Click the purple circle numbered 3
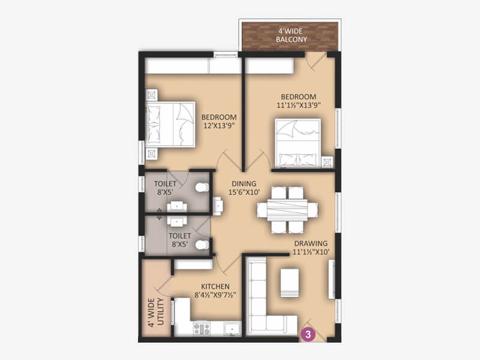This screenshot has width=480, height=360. (308, 334)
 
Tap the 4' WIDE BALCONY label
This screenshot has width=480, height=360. (291, 35)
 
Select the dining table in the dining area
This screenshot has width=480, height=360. (287, 210)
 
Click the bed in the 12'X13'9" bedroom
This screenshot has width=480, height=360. (170, 124)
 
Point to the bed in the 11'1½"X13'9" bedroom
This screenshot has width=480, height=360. (298, 143)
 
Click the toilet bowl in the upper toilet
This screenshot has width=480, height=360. (202, 187)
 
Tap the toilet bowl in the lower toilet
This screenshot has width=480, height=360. (202, 245)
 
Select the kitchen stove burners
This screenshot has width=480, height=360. (202, 329)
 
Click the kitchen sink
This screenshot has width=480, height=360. (232, 329)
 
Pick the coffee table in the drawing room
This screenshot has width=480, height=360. (290, 283)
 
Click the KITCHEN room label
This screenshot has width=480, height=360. (215, 287)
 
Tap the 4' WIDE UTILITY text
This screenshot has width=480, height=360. (156, 313)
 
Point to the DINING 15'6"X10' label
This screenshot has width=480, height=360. (244, 188)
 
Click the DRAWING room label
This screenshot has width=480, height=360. (311, 244)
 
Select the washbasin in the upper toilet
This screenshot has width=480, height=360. (176, 206)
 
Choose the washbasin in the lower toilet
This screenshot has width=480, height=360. (176, 221)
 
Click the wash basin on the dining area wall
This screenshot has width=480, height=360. (218, 206)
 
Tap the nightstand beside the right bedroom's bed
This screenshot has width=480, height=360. (327, 161)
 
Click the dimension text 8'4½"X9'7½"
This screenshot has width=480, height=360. (215, 295)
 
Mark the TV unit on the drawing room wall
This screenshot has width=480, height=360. (332, 279)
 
